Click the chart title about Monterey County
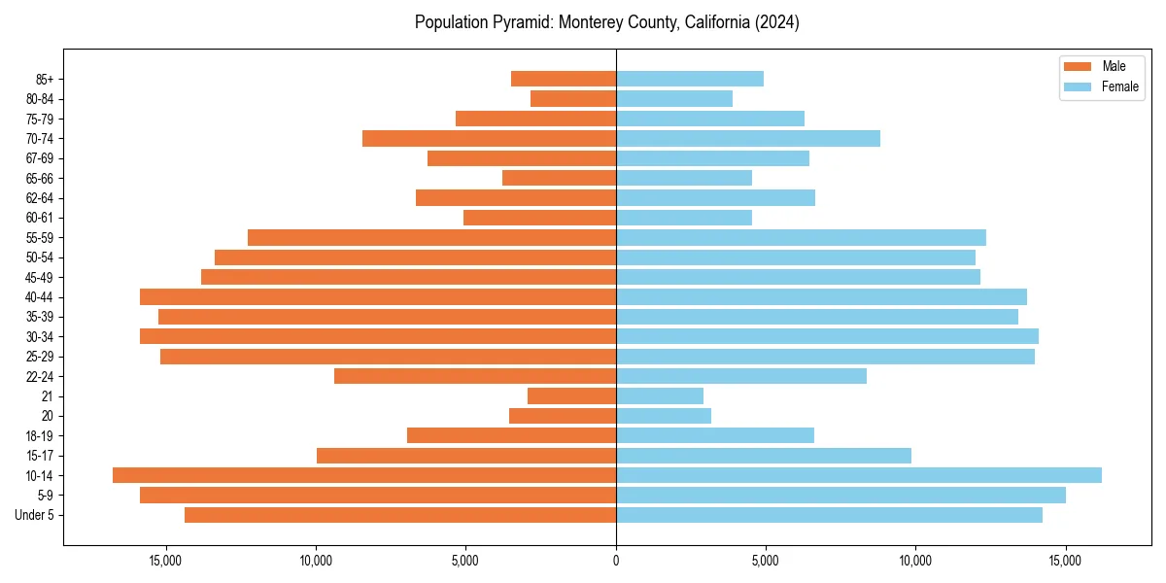(606, 22)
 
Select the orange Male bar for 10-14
(364, 475)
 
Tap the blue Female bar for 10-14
(859, 475)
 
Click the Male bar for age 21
(572, 395)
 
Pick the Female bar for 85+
(690, 79)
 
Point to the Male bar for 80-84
(573, 98)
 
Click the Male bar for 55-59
(432, 237)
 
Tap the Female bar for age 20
(664, 416)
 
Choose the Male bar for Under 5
(400, 515)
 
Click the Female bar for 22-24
(741, 376)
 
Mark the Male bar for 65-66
(560, 178)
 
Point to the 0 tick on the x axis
(616, 561)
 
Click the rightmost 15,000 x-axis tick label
(1066, 561)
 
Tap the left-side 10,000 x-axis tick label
(316, 561)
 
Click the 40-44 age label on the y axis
(40, 297)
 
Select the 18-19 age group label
(40, 435)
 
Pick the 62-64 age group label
(40, 198)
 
